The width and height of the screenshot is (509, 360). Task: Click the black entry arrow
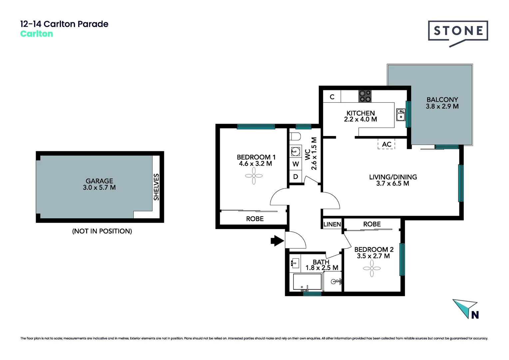coord(277,240)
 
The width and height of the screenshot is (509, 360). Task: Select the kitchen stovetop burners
coord(365,96)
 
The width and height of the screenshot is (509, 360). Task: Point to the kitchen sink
coord(400,115)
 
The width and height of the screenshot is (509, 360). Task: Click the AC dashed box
coord(386,144)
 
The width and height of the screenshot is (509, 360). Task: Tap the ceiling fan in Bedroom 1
coord(254,176)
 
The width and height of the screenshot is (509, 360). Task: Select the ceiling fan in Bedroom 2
coord(372,268)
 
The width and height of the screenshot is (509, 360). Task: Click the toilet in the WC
coord(295,136)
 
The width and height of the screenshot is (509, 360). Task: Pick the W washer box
coord(295,164)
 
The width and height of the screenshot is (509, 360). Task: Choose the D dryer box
coord(295,177)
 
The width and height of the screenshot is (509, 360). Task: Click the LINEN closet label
coord(332,224)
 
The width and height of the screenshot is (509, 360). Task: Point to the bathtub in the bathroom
coord(307,282)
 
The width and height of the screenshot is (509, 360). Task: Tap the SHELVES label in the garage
coord(156,187)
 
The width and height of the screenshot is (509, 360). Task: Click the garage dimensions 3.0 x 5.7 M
coord(99,188)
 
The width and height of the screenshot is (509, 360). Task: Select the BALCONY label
coord(442,100)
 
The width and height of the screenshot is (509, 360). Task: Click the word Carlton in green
coord(37,34)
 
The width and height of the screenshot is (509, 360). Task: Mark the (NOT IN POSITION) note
coord(102,231)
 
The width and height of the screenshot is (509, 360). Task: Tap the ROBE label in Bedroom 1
coord(255,219)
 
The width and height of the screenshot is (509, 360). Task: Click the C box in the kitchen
coord(332,97)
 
